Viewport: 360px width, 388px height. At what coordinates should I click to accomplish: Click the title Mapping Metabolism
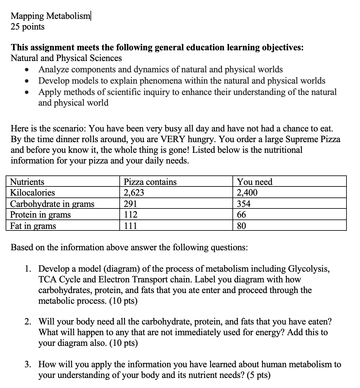pyautogui.click(x=50, y=16)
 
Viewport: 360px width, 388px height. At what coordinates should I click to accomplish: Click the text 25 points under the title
pyautogui.click(x=28, y=27)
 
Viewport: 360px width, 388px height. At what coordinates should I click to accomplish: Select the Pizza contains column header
pyautogui.click(x=150, y=182)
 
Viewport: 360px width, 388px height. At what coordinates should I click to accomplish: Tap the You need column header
pyautogui.click(x=255, y=182)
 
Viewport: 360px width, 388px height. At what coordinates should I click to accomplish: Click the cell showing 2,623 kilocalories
pyautogui.click(x=134, y=193)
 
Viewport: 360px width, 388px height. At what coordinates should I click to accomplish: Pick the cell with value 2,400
pyautogui.click(x=247, y=193)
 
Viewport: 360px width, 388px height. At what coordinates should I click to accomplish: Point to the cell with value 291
pyautogui.click(x=130, y=204)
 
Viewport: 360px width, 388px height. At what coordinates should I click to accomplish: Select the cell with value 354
pyautogui.click(x=244, y=204)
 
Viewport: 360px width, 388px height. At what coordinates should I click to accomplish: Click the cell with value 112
pyautogui.click(x=130, y=215)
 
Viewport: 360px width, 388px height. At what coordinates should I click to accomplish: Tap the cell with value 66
pyautogui.click(x=242, y=215)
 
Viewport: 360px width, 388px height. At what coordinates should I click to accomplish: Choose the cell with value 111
pyautogui.click(x=130, y=226)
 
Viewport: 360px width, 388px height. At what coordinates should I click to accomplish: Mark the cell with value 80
pyautogui.click(x=242, y=226)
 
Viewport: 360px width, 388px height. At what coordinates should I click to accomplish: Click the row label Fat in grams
pyautogui.click(x=33, y=226)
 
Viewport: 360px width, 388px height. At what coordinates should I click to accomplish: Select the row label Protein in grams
pyautogui.click(x=41, y=215)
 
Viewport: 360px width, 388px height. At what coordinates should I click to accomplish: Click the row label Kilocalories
pyautogui.click(x=32, y=193)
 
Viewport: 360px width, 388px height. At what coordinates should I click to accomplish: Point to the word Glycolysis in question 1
pyautogui.click(x=309, y=269)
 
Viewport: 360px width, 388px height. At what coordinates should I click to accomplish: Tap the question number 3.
pyautogui.click(x=28, y=364)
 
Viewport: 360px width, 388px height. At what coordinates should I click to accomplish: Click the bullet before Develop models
pyautogui.click(x=29, y=81)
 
